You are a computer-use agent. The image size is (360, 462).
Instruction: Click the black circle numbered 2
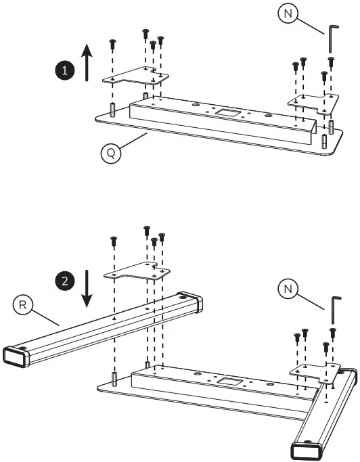pos(64,282)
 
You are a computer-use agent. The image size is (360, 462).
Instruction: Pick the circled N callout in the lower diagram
pos(290,290)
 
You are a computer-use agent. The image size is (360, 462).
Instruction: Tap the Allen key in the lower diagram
pos(335,310)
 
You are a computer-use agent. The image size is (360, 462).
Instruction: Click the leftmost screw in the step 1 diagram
pos(112,45)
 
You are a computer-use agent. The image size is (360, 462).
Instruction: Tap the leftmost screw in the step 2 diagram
pos(113,240)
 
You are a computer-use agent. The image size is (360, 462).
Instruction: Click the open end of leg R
pos(18,356)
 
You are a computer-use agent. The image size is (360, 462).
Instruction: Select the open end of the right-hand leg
pos(306,451)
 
